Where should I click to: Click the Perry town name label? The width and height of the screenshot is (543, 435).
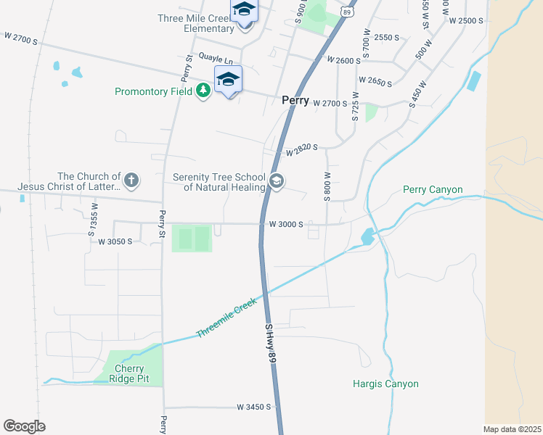295,101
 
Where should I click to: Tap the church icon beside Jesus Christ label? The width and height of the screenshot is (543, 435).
131,181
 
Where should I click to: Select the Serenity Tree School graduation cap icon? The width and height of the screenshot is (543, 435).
276,181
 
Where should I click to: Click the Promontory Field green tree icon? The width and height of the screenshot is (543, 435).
203,91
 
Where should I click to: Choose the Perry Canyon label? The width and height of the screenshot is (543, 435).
433,190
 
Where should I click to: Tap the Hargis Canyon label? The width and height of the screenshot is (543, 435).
385,384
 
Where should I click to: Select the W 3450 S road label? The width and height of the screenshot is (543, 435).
253,407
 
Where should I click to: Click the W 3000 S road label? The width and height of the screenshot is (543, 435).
285,224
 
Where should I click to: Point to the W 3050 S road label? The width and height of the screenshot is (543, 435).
115,241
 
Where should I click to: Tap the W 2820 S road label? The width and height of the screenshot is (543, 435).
302,150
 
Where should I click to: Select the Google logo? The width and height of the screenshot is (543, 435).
24,426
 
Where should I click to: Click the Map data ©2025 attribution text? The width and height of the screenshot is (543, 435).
512,429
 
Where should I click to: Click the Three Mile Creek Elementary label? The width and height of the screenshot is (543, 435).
198,24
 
